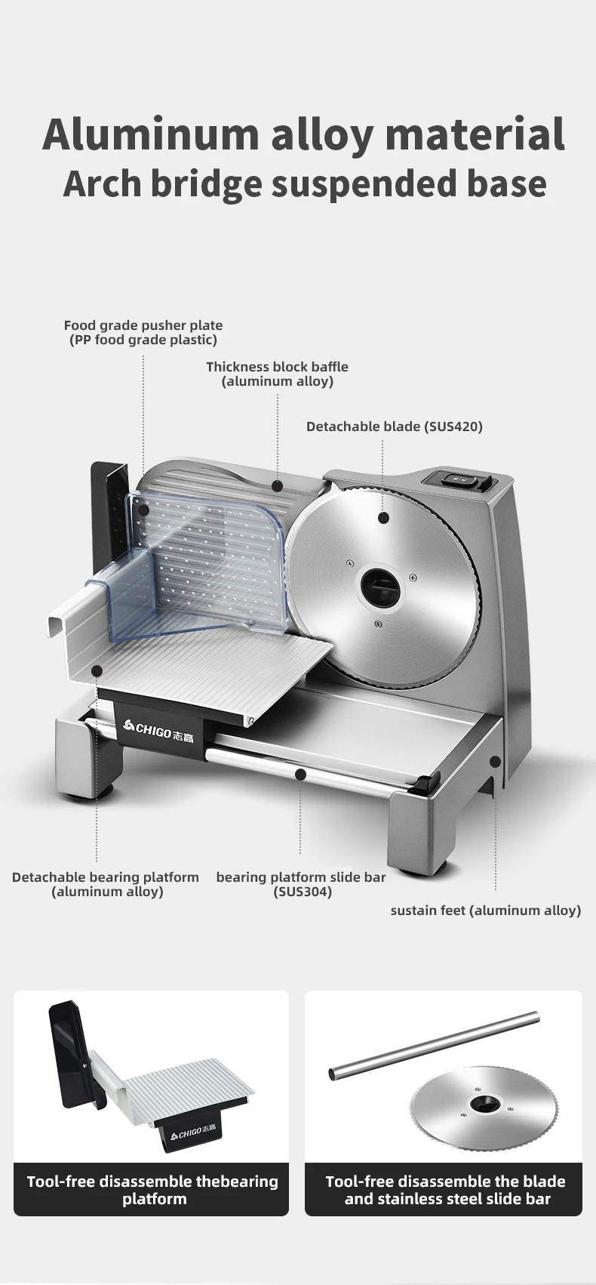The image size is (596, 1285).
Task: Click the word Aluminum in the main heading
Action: pyautogui.click(x=150, y=134)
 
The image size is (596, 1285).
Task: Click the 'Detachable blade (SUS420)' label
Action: pyautogui.click(x=394, y=427)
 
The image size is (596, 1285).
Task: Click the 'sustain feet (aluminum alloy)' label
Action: pyautogui.click(x=485, y=911)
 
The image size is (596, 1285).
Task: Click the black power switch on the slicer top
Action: pyautogui.click(x=459, y=479)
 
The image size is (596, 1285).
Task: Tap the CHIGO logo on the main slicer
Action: pyautogui.click(x=158, y=729)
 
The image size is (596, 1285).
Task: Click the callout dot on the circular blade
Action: pyautogui.click(x=383, y=518)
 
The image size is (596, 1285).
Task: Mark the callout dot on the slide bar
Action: pyautogui.click(x=300, y=774)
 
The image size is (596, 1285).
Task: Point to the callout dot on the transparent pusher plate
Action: pyautogui.click(x=143, y=510)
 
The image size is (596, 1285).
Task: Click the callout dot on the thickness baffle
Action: pyautogui.click(x=278, y=486)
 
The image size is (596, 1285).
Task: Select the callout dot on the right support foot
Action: pyautogui.click(x=495, y=762)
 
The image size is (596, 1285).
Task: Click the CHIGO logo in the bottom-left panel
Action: pyautogui.click(x=185, y=1133)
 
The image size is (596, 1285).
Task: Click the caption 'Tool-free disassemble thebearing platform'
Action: pyautogui.click(x=152, y=1190)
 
